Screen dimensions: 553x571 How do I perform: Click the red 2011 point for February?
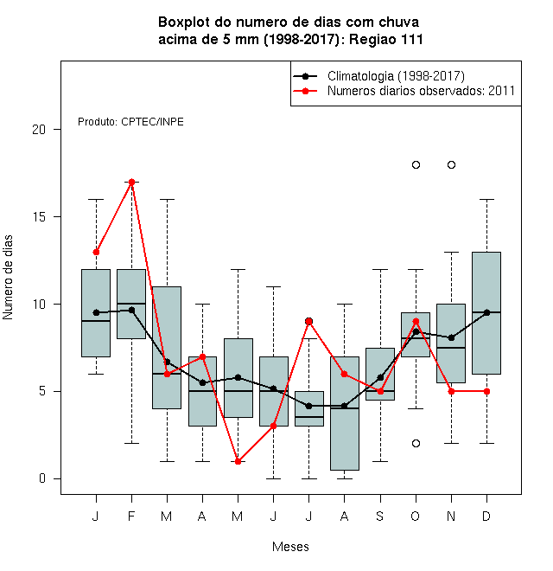click(x=131, y=182)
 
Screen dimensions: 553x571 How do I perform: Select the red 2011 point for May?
click(x=238, y=461)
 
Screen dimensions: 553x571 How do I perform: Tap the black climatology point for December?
click(x=486, y=312)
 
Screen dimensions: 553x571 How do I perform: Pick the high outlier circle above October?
click(x=416, y=165)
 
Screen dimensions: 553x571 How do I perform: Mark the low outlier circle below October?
click(x=416, y=444)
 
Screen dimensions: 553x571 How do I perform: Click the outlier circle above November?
click(x=451, y=165)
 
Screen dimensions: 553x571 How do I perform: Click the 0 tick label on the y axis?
click(x=42, y=478)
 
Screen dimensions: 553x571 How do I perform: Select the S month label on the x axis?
click(x=380, y=516)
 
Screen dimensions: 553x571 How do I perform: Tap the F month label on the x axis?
click(x=131, y=516)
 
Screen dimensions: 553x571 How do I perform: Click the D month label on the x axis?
click(x=486, y=516)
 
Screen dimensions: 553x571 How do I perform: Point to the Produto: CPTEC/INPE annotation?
click(x=130, y=122)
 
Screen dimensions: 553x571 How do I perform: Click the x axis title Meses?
click(x=290, y=547)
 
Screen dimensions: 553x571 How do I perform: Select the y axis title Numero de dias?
click(x=8, y=278)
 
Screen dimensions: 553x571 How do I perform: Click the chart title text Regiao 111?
click(x=386, y=39)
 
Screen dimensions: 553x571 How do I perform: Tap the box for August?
click(x=345, y=414)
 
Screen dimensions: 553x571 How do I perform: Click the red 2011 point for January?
click(x=96, y=252)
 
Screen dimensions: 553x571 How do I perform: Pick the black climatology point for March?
click(x=167, y=362)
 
